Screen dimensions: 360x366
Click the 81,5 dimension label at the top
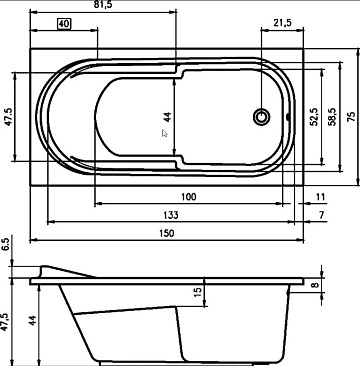tap(103, 5)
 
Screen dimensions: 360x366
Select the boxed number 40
tap(64, 24)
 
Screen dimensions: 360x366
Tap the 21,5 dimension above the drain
tap(282, 23)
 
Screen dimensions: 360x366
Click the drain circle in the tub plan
tap(261, 117)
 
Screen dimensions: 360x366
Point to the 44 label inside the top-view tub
tap(168, 117)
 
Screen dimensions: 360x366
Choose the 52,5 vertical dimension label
tap(314, 117)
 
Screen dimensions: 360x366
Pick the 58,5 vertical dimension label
tap(332, 117)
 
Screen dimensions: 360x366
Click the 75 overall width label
tap(351, 117)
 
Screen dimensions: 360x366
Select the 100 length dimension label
tap(189, 197)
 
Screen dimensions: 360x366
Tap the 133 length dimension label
tap(171, 215)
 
